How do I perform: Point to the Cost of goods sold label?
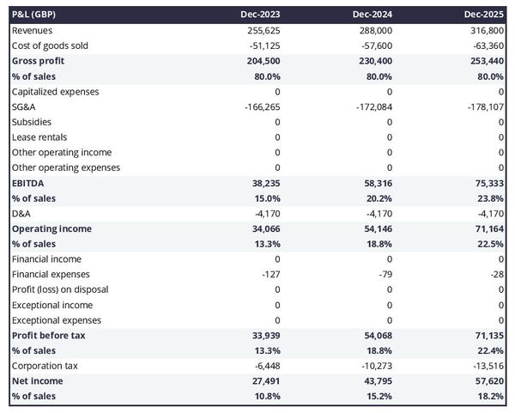click(x=50, y=46)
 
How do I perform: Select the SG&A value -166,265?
click(x=259, y=106)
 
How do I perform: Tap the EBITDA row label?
click(x=30, y=183)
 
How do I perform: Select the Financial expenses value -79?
click(x=385, y=274)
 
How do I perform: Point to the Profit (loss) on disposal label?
click(x=60, y=289)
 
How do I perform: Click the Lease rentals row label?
click(x=39, y=137)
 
